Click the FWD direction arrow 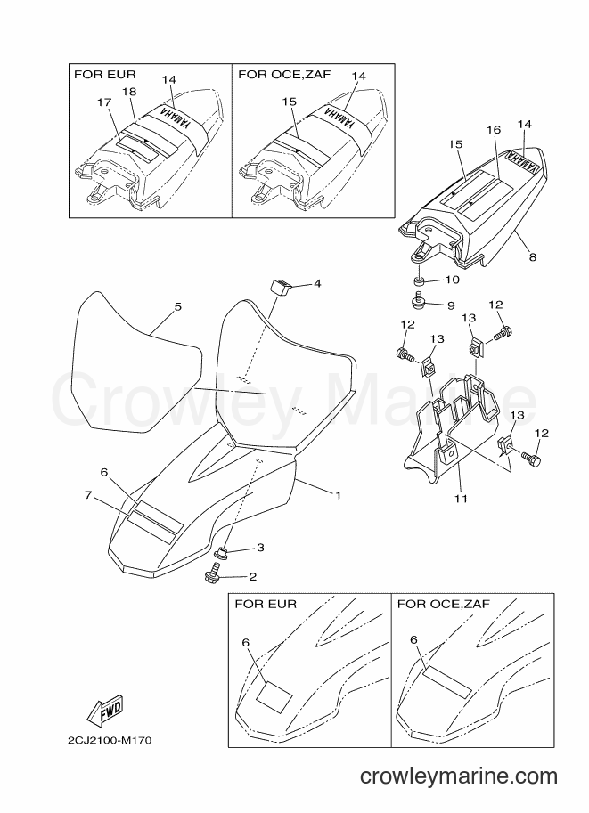click(105, 711)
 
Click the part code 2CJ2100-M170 click(110, 740)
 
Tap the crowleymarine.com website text click(459, 776)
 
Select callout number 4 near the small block click(317, 283)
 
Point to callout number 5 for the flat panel click(178, 306)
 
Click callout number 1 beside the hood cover click(338, 495)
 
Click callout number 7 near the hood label click(88, 495)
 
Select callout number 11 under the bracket click(461, 499)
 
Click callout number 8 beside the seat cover click(533, 256)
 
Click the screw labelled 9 click(418, 300)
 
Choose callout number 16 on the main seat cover click(494, 130)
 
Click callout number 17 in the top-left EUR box click(104, 102)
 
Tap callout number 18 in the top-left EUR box click(129, 91)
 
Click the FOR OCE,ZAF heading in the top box click(284, 74)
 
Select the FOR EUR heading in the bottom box click(266, 604)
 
